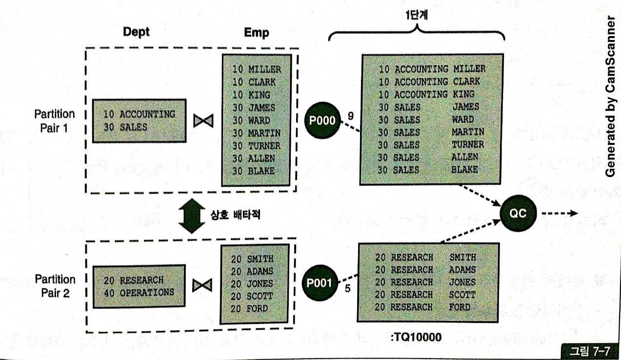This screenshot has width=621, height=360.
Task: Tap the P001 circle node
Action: pyautogui.click(x=320, y=283)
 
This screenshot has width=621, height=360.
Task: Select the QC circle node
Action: pyautogui.click(x=518, y=213)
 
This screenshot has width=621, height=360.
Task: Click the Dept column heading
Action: pyautogui.click(x=136, y=32)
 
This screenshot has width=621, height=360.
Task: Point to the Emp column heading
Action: pyautogui.click(x=257, y=33)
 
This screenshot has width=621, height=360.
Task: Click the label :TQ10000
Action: pyautogui.click(x=416, y=337)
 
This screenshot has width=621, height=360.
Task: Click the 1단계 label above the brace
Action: pyautogui.click(x=416, y=15)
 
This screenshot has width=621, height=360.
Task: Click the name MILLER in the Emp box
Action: pyautogui.click(x=265, y=70)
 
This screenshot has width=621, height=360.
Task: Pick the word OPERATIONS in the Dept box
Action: pyautogui.click(x=147, y=293)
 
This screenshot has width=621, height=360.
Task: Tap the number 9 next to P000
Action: pyautogui.click(x=350, y=116)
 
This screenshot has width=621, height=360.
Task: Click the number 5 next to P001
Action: pyautogui.click(x=347, y=288)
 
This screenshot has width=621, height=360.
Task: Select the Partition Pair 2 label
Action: pyautogui.click(x=55, y=286)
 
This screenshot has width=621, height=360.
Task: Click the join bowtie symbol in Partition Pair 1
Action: pyautogui.click(x=203, y=120)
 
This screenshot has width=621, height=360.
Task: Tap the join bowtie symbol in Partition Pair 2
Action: pyautogui.click(x=201, y=285)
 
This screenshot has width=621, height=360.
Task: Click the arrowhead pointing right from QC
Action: pyautogui.click(x=574, y=213)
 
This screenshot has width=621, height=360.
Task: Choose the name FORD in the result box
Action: pyautogui.click(x=460, y=307)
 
